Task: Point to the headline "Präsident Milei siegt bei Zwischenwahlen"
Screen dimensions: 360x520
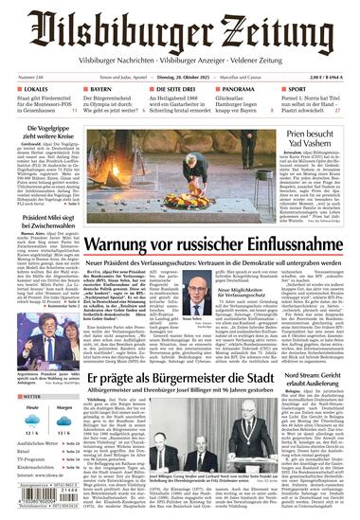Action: (42, 222)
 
